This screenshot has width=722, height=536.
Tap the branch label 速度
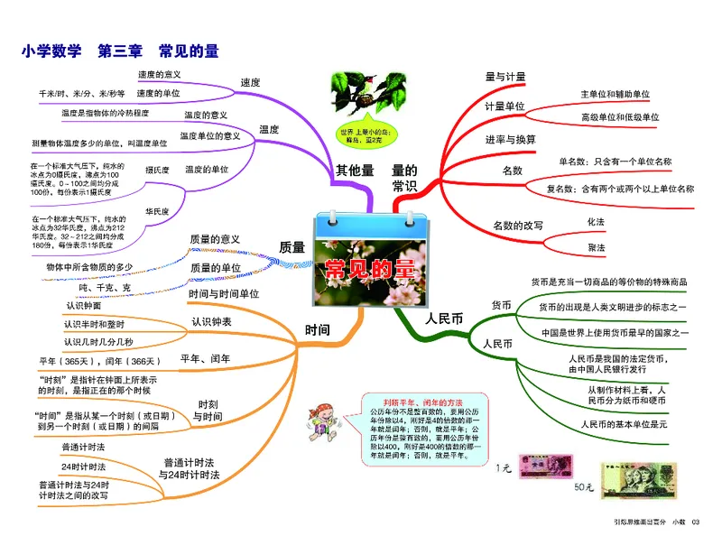[x=250, y=82]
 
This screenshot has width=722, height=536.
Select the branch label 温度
[x=269, y=130]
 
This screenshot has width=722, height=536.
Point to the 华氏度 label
[x=158, y=212]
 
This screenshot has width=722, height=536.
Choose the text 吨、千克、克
[x=105, y=287]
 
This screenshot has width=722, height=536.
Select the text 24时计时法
[x=83, y=466]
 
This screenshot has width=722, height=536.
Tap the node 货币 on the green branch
[x=501, y=306]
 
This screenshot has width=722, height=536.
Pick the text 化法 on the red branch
[x=596, y=222]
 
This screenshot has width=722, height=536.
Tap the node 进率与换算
[x=510, y=139]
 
